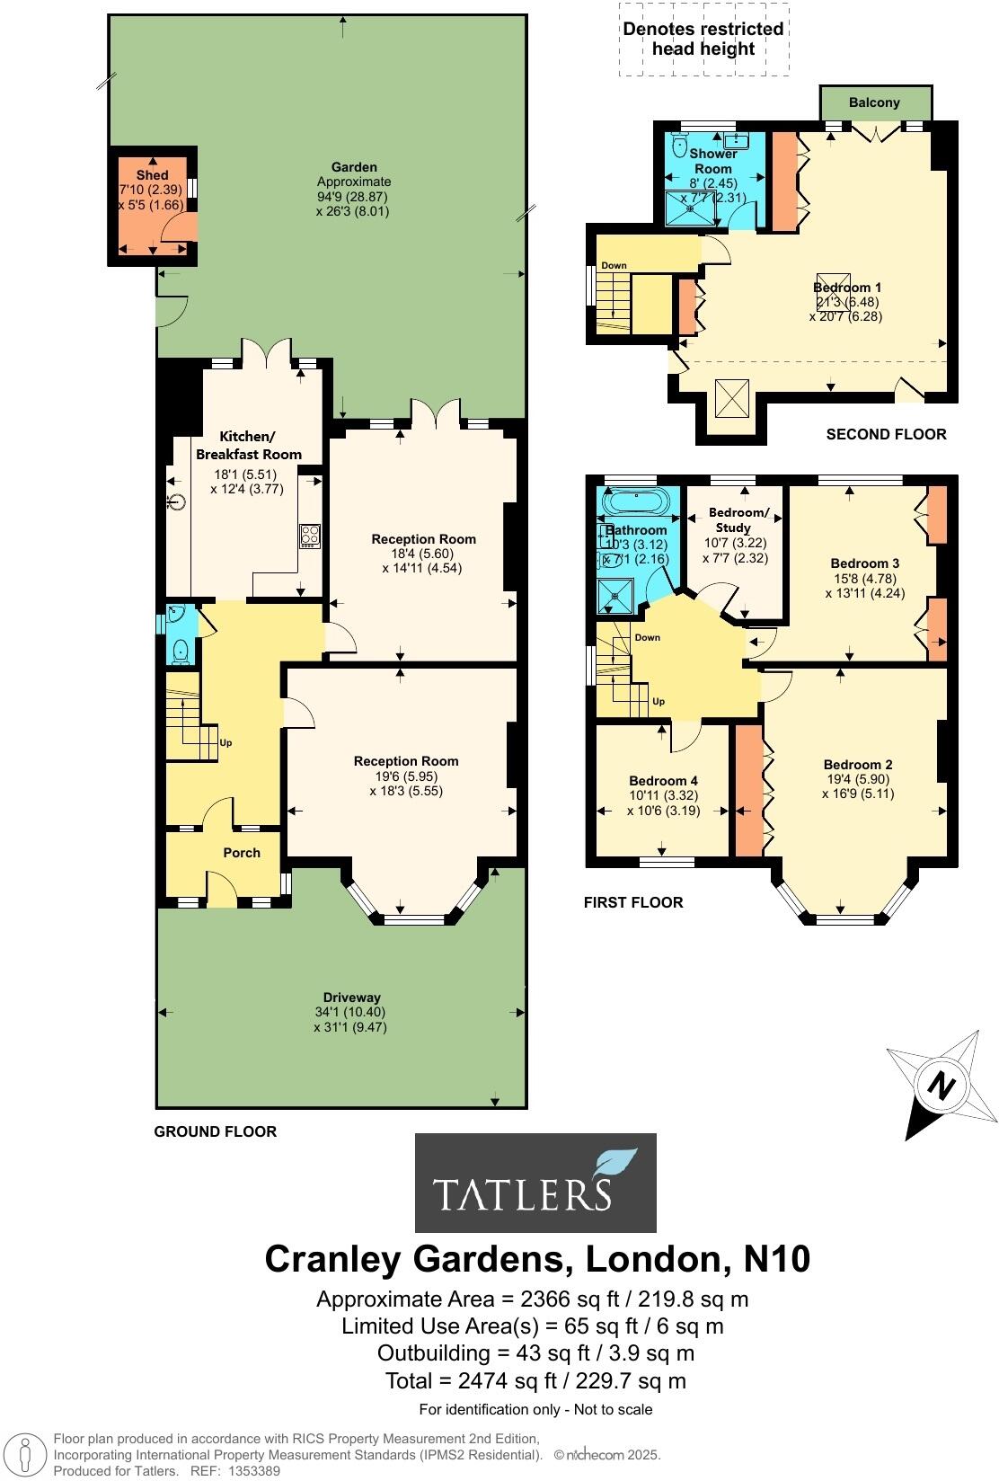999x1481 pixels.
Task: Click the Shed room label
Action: pos(152,175)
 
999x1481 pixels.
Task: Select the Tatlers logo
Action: pos(535,1182)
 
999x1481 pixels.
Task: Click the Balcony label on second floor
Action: pos(874,102)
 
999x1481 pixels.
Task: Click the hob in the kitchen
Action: pos(310,537)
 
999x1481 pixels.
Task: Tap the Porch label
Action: pos(241,853)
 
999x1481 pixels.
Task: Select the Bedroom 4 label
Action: pos(663,781)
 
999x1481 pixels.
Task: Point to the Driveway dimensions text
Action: pos(351,1019)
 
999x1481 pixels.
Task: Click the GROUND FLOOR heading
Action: pos(215,1131)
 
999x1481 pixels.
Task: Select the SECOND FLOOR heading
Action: pos(886,434)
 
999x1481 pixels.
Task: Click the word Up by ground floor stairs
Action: pos(226,743)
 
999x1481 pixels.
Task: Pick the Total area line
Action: pos(535,1381)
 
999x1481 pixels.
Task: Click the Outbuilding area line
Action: pos(535,1353)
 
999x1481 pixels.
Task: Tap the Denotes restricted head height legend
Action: pos(703,39)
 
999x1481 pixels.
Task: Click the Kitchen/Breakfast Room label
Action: pos(248,446)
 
